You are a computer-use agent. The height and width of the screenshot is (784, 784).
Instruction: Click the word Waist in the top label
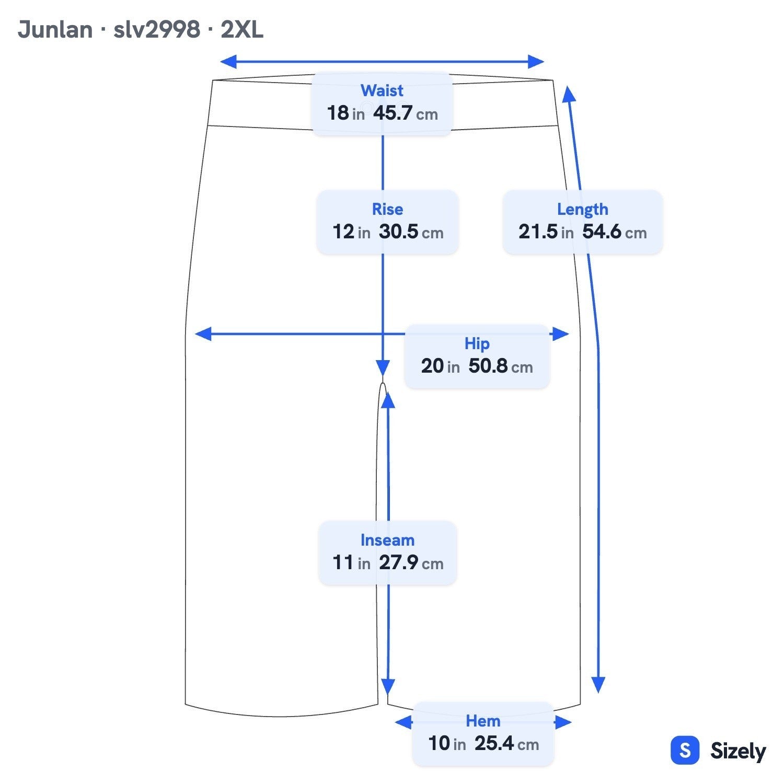point(382,90)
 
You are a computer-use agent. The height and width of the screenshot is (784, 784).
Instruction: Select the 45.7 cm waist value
point(393,113)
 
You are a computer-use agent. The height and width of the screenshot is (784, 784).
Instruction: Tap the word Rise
point(387,209)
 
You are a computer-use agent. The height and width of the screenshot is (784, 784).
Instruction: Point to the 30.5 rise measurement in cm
point(398,232)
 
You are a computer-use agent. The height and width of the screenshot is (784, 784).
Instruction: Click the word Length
point(582,210)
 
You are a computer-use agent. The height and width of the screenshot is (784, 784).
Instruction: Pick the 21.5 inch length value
point(538,232)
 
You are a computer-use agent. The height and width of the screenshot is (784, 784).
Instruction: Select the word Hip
point(477,344)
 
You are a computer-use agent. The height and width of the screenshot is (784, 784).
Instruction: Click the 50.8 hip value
point(488,366)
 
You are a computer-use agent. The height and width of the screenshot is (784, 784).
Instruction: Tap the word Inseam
point(387,540)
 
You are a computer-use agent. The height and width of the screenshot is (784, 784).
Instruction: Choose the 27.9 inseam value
point(398,562)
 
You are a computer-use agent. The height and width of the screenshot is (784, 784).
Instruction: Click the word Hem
point(483,721)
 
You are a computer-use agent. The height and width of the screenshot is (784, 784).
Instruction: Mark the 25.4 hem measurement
point(494,743)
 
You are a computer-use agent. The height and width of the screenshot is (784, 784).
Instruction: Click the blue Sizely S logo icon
point(685,751)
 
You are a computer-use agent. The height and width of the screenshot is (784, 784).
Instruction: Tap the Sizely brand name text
point(738,752)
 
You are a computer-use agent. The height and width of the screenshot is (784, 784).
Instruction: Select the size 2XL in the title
point(242,30)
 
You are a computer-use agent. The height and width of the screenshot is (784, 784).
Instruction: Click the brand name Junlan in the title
point(55,30)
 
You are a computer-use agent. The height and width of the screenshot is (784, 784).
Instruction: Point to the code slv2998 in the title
point(157,30)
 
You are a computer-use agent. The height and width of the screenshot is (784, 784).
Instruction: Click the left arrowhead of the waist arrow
point(228,62)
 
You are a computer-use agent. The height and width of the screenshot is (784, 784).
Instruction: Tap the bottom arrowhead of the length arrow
point(598,685)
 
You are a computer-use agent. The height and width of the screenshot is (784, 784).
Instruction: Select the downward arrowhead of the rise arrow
point(383,367)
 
